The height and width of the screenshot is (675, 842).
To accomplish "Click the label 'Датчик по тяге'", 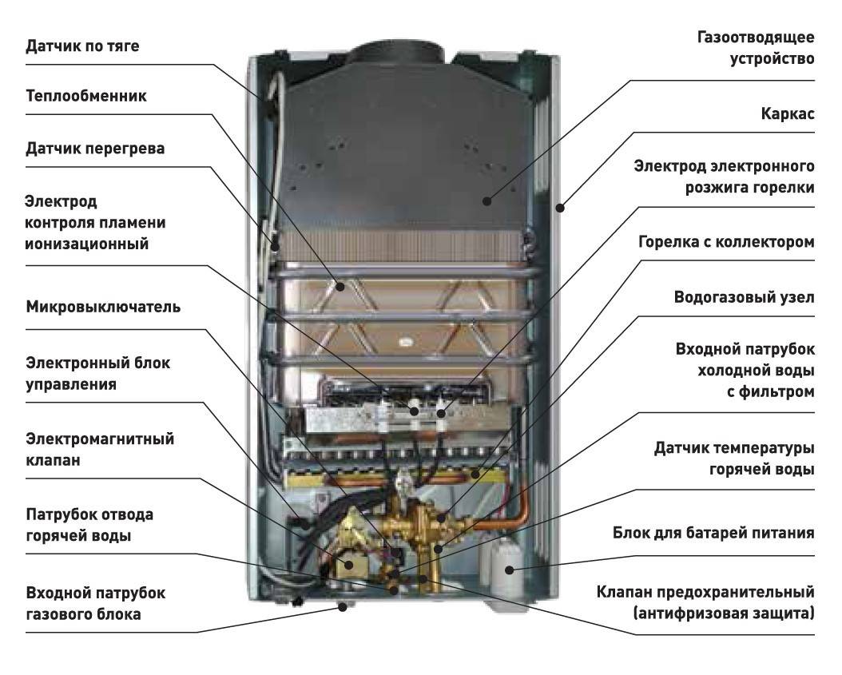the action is pos(83,46).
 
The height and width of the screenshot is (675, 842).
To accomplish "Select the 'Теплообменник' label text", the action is pos(86,96).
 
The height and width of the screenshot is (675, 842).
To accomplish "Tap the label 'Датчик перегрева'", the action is pos(95,149).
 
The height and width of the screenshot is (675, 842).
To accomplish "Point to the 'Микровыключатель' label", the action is pos(103,308).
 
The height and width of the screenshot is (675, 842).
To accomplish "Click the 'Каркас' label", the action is pos(788,114).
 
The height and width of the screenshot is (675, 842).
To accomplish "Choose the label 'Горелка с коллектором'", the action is pos(726,242).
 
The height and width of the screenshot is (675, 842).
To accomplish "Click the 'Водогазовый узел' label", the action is pos(745,297).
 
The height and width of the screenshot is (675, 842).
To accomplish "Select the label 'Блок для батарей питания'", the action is pos(713,534).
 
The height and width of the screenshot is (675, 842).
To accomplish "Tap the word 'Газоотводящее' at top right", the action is pos(756,38).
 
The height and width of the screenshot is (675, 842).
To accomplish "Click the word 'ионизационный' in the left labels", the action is pos(86,244).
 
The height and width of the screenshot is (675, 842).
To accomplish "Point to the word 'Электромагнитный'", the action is pos(100,439).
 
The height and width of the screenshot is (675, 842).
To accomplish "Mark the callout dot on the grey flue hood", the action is pos(487,201).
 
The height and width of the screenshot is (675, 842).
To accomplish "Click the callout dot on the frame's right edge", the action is pos(559,207).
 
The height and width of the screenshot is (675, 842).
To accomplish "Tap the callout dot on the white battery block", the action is pos(509,570).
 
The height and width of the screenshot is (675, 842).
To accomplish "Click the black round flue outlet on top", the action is pos(396,54).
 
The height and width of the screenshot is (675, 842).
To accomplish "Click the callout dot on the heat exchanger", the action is pos(340,287).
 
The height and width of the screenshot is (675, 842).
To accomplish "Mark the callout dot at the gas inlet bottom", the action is pos(343,607).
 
